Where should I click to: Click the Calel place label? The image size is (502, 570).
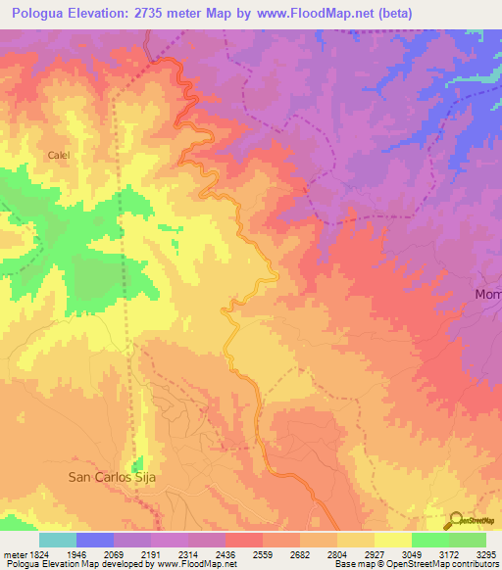59,155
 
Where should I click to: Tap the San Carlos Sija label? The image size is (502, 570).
112,477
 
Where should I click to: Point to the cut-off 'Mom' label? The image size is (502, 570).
487,294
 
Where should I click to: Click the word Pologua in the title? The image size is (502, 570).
41,14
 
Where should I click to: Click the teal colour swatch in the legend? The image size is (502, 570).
58,540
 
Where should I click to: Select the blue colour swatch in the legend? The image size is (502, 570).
95,540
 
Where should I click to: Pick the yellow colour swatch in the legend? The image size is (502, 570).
392,540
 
